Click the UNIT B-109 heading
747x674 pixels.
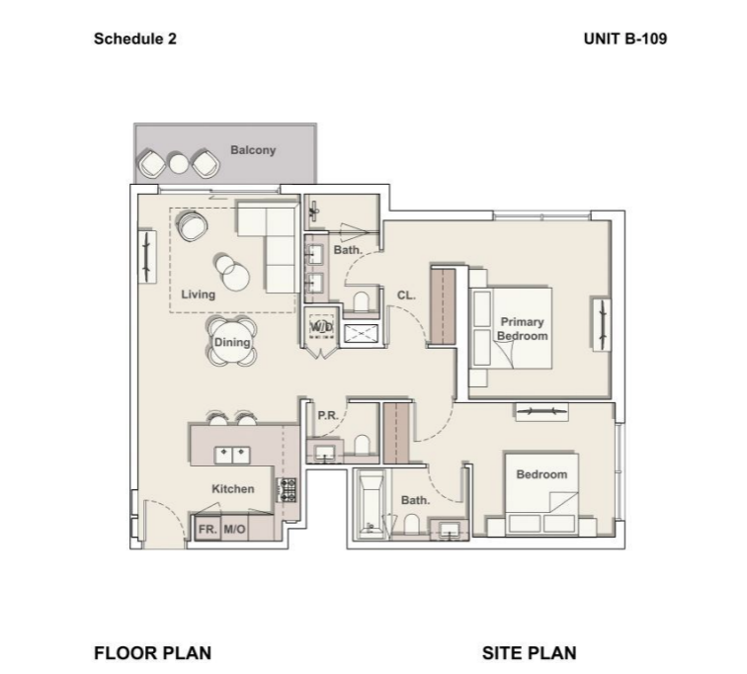click(x=625, y=39)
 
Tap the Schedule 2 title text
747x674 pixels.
click(x=134, y=39)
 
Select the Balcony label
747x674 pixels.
click(x=253, y=150)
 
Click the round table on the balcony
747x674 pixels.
click(x=179, y=164)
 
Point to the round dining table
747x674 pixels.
click(x=232, y=342)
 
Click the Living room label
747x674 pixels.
click(x=199, y=295)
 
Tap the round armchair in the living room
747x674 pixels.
click(x=192, y=225)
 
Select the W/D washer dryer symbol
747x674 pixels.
click(x=321, y=327)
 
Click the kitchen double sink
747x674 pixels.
click(x=232, y=456)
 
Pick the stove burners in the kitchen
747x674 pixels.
click(x=288, y=490)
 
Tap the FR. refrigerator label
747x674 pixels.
click(x=207, y=529)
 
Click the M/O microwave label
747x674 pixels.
click(x=234, y=529)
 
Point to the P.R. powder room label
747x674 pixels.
click(x=328, y=415)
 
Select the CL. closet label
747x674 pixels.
click(x=406, y=295)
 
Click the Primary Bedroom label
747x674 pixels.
click(x=522, y=329)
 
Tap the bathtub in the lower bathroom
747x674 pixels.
click(x=371, y=505)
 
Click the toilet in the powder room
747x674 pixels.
click(x=362, y=446)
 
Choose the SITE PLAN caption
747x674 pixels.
click(x=529, y=652)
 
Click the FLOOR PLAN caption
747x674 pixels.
click(x=152, y=652)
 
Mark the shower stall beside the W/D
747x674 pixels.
click(x=361, y=333)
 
